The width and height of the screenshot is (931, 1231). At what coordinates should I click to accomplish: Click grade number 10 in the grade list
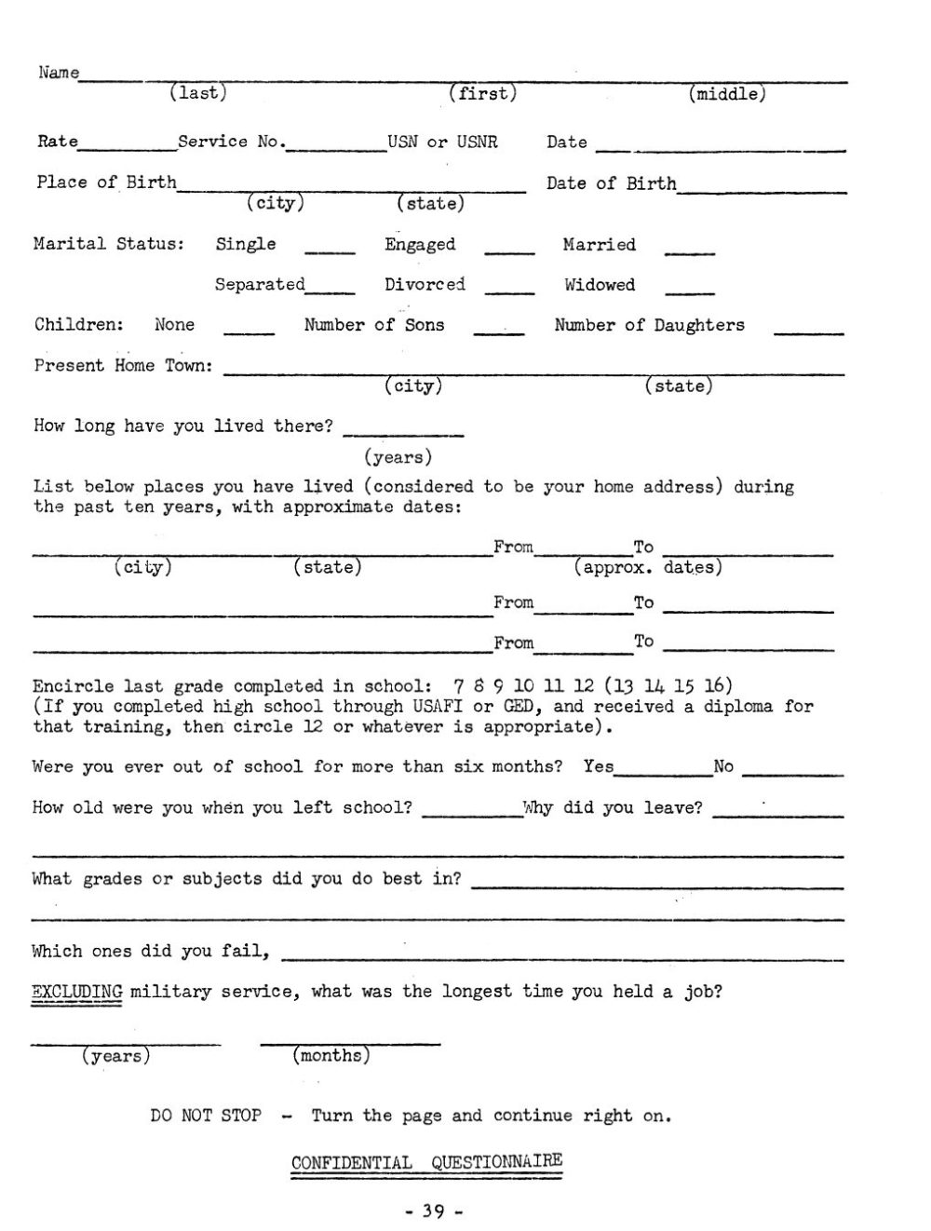524,687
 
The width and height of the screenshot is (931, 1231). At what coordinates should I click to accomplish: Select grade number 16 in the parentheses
712,687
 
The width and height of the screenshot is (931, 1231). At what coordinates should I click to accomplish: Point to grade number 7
459,687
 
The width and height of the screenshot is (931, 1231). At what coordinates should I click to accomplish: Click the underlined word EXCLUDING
77,992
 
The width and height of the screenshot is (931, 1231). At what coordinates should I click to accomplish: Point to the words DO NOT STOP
206,1116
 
